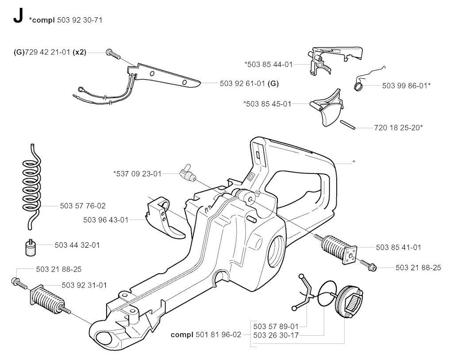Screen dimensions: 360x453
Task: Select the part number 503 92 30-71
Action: [80, 20]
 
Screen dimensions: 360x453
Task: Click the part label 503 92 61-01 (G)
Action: [249, 83]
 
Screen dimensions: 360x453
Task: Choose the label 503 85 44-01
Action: [269, 64]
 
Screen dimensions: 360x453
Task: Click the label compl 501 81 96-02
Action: [207, 335]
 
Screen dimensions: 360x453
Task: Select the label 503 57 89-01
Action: [276, 327]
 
